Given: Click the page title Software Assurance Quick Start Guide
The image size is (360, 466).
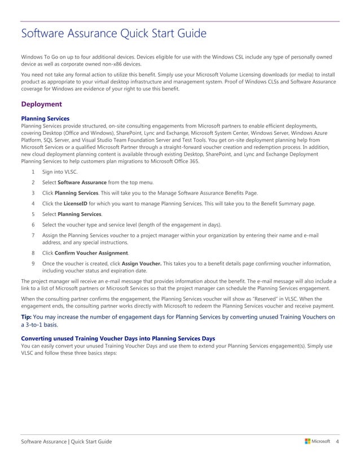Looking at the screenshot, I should pos(113,34).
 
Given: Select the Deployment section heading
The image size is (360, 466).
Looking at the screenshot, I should pos(41,104).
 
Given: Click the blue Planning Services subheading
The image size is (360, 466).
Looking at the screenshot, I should pos(45,118).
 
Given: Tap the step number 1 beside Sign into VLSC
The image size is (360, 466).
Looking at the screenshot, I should pos(34,172).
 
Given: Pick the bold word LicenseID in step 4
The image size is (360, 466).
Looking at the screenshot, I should pos(75,203).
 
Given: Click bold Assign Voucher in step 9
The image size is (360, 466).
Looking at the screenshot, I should pos(140,263).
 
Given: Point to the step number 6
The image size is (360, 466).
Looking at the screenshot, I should pos(34,225).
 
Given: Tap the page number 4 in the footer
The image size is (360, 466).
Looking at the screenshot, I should pos(337,441).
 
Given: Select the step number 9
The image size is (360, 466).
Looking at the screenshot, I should pos(34,263).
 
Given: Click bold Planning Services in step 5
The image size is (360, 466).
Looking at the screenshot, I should pos(80,214).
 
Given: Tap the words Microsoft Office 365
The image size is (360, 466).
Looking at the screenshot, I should pos(175,161).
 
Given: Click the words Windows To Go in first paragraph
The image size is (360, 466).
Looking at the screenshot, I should pos(40,57).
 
